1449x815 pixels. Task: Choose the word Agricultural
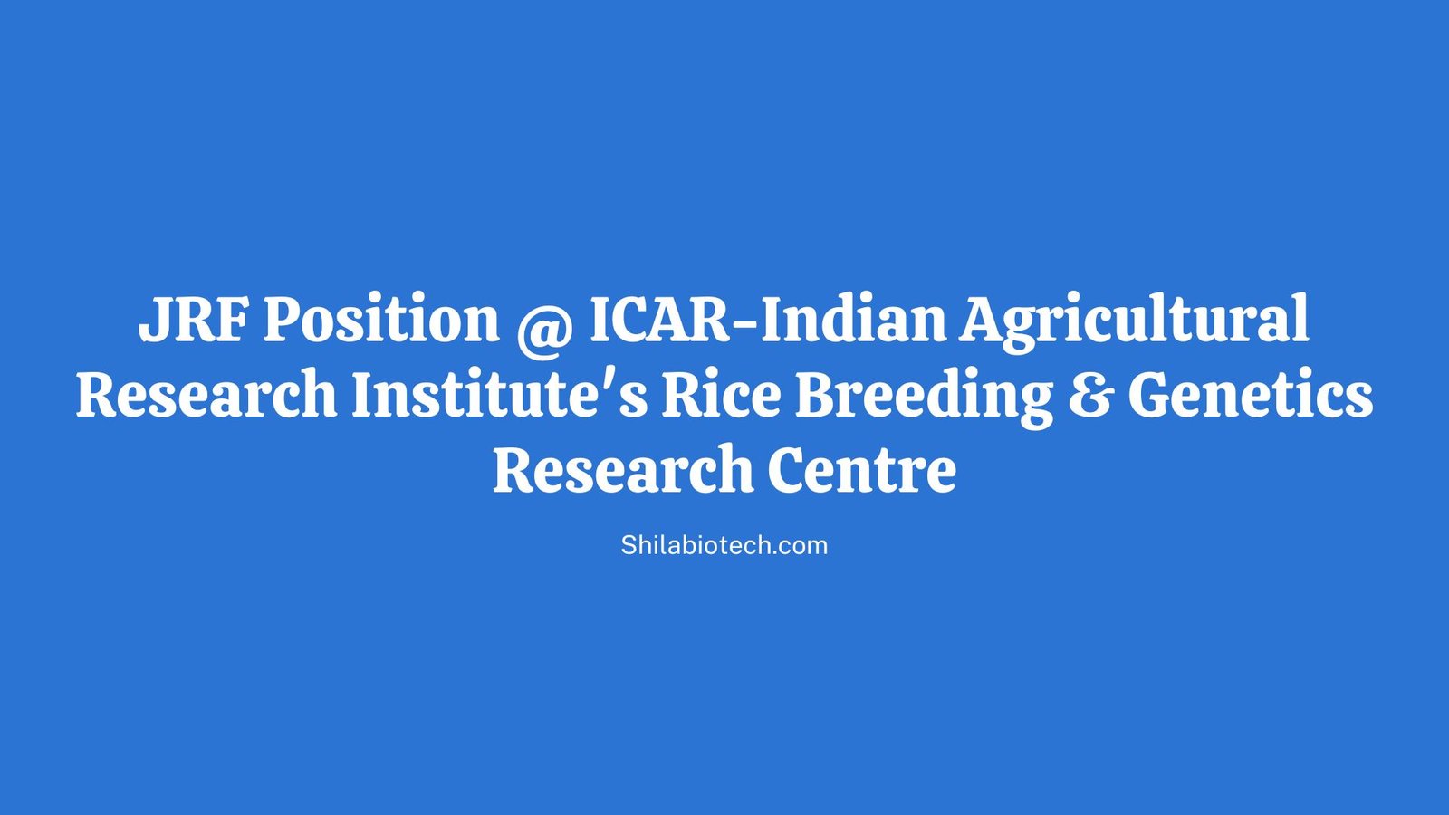click(1134, 320)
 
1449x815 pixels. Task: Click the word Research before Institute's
click(206, 396)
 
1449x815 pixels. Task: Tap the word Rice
click(721, 396)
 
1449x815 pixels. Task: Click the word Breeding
click(924, 396)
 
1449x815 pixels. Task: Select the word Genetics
click(1250, 396)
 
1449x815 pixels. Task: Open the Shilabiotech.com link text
click(724, 545)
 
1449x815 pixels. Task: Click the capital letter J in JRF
click(151, 320)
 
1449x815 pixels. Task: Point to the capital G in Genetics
click(1148, 396)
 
